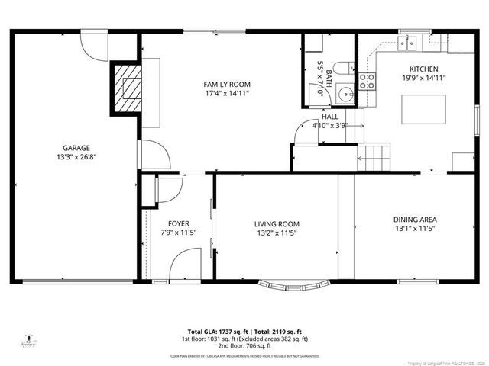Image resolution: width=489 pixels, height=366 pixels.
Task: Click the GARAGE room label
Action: (76, 148)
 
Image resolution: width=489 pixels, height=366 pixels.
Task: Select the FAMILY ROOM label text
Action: (227, 84)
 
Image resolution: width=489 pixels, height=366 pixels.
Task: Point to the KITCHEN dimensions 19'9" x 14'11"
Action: (424, 78)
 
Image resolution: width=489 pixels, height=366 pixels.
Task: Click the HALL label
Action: (330, 117)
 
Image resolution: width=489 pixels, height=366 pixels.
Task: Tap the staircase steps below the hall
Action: (374, 158)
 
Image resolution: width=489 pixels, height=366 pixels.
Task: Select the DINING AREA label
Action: (415, 219)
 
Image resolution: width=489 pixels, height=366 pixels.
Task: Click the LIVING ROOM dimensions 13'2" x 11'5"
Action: (277, 233)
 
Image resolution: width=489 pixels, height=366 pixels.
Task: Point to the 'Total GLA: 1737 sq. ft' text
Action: (212, 332)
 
